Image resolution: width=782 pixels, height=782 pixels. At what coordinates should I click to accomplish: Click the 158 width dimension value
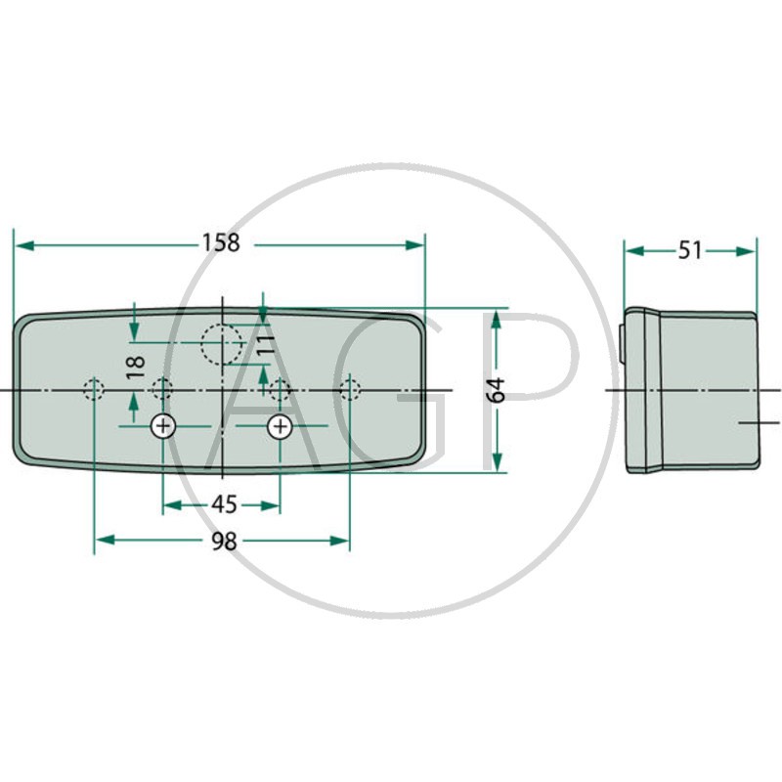221,242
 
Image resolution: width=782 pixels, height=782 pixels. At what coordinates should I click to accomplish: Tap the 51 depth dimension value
690,250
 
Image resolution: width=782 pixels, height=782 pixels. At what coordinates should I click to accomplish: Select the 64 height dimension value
496,390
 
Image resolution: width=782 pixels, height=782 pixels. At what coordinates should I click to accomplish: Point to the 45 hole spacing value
224,504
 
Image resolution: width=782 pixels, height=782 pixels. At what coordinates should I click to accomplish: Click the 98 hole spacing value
224,542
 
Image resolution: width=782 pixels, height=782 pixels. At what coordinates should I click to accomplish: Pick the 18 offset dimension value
136,368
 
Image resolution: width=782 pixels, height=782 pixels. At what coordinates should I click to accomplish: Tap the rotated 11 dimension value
266,344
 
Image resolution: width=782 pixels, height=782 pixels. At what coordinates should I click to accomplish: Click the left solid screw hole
163,426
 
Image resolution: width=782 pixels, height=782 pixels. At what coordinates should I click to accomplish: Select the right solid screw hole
281,426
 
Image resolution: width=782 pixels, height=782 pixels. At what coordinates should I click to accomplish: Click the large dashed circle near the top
222,344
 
